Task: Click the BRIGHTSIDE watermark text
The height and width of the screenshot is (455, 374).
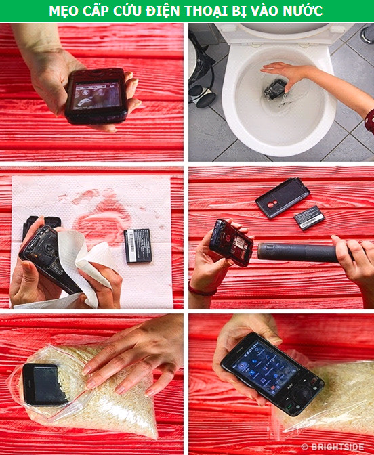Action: (335, 447)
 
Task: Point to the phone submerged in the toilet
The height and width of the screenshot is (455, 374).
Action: (274, 89)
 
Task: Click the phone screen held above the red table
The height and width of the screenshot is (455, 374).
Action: (96, 95)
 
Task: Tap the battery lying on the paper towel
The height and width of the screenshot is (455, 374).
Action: (138, 246)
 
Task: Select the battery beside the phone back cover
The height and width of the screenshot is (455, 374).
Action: (309, 217)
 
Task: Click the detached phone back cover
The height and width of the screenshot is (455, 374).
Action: (283, 197)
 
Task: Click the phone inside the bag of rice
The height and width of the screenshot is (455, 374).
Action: (45, 384)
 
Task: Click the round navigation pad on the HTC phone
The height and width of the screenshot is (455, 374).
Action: (303, 394)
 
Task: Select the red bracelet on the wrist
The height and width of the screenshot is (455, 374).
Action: (203, 290)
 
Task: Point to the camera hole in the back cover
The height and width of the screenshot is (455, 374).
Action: (271, 204)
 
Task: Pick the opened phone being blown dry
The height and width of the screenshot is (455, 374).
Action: (231, 242)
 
